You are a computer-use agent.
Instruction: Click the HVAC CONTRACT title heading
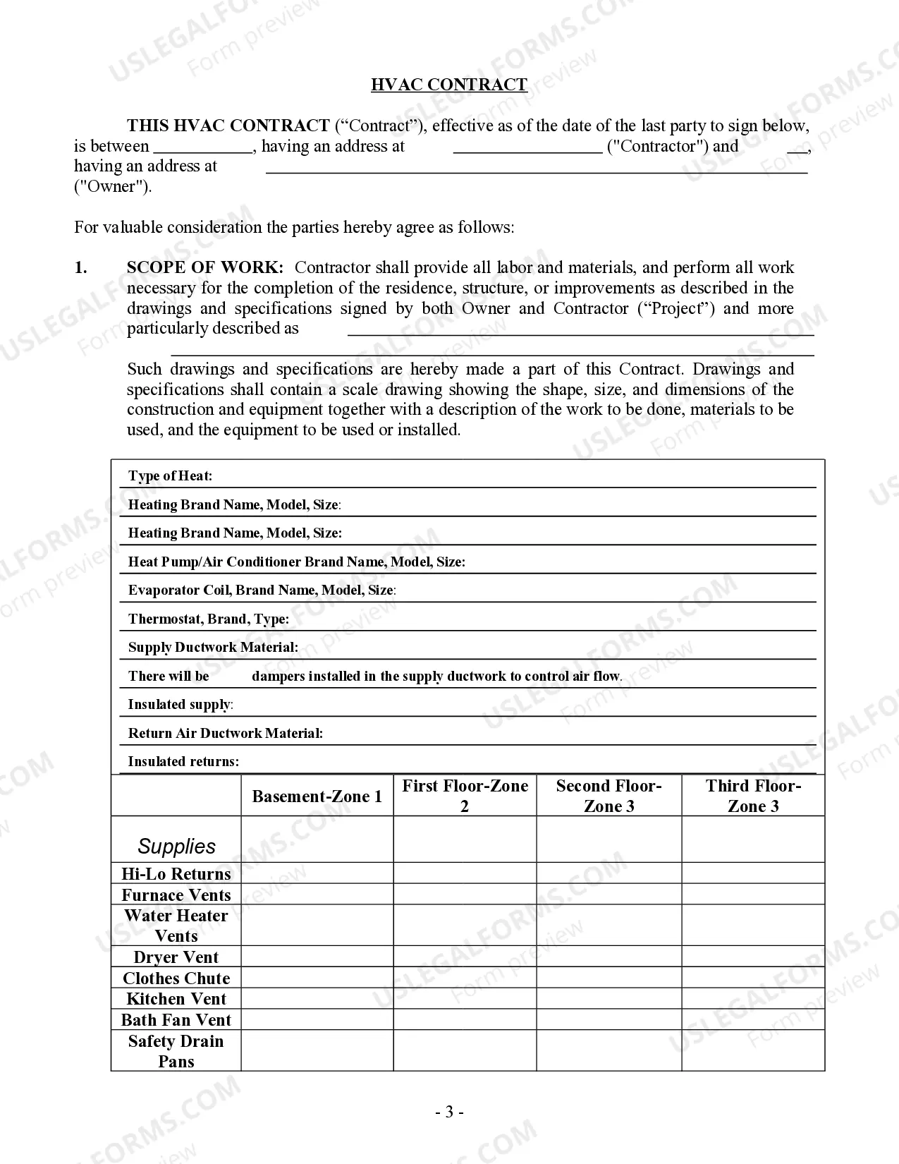449,85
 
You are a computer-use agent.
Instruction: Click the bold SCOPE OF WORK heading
205,267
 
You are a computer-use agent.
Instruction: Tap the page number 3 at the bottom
449,1113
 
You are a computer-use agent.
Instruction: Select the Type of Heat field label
170,475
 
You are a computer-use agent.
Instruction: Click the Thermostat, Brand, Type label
209,619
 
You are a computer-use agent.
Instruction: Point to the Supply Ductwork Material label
213,647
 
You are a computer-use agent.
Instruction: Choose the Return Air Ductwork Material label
226,733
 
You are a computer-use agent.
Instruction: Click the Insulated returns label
183,761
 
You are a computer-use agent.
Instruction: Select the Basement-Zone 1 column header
317,796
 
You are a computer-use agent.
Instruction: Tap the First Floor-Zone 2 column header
465,796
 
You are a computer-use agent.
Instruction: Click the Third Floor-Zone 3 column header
753,796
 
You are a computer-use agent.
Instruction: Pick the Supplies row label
176,846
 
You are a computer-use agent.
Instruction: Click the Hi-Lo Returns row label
176,874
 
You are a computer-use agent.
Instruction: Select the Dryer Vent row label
176,957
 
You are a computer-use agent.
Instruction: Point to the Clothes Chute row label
176,978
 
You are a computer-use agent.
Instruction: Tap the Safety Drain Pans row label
176,1051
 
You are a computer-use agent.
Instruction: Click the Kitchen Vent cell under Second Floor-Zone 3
608,999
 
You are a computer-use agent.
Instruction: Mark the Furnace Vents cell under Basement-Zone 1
317,895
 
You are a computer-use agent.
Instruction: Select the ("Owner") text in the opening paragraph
113,187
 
